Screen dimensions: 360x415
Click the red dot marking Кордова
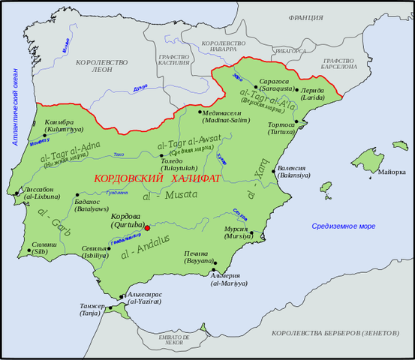(148, 227)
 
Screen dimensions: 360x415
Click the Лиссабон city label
(38, 190)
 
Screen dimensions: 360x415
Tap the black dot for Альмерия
(213, 269)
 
